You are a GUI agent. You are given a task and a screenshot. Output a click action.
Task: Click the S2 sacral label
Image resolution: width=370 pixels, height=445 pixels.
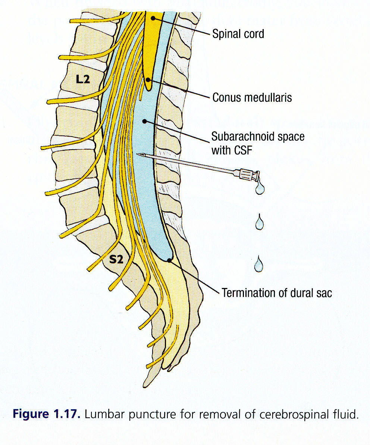click(x=116, y=259)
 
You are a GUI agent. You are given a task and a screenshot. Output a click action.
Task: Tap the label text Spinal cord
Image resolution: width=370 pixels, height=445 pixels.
click(x=238, y=34)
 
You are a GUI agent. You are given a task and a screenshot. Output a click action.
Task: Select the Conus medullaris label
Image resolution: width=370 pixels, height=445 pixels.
click(x=252, y=98)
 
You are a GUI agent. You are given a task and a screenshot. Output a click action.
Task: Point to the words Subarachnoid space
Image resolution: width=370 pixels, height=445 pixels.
click(x=257, y=137)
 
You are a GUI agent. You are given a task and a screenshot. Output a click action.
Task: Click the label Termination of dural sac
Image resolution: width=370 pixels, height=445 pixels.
click(x=277, y=293)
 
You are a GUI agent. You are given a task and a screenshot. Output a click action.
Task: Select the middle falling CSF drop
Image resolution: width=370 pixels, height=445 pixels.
click(x=259, y=223)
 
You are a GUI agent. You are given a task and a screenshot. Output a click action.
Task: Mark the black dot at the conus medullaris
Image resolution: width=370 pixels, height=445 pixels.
click(x=148, y=80)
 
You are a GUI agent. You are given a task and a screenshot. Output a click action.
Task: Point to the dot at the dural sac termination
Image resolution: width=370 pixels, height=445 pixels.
click(x=169, y=260)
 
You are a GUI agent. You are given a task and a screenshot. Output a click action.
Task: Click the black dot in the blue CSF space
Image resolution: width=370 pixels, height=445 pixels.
click(x=144, y=121)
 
